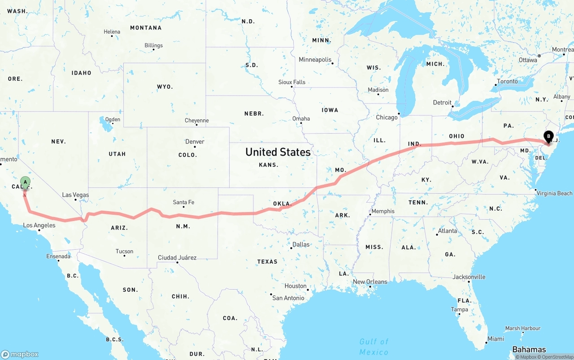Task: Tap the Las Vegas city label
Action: [75, 195]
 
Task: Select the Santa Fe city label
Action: [183, 202]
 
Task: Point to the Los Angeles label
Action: [39, 225]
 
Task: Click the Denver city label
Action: [195, 142]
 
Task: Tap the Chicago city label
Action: [387, 117]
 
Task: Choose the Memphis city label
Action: [383, 211]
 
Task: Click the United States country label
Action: [278, 152]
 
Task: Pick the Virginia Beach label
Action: [555, 193]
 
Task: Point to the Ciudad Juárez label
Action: [177, 258]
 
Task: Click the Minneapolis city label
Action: [315, 60]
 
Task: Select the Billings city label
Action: [153, 45]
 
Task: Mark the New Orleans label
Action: [370, 282]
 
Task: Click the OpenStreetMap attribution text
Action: [557, 357]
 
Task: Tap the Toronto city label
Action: [507, 82]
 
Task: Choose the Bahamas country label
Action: [529, 350]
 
